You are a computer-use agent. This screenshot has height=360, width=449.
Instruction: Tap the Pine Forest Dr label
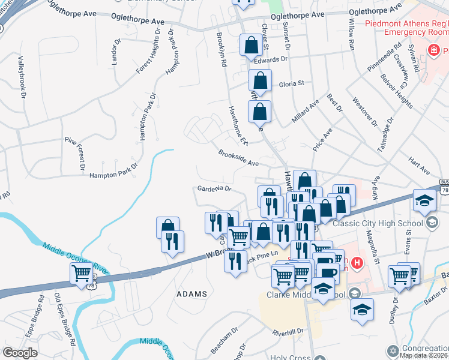[x=75, y=153]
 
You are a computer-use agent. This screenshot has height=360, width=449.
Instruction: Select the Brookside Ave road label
[x=238, y=158]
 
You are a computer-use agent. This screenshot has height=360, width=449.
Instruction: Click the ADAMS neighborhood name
[x=192, y=294]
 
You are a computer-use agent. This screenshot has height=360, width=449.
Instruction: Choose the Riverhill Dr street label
[x=288, y=331]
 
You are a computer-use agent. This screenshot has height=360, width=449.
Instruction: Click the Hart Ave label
[x=419, y=166]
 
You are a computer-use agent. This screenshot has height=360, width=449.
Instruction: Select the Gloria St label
[x=292, y=84]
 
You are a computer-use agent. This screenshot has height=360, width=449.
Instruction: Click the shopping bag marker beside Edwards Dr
[x=250, y=45]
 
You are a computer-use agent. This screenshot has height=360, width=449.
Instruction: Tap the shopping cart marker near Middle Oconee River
[x=81, y=274]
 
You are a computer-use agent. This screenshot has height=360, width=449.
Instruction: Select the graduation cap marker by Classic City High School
[x=424, y=200]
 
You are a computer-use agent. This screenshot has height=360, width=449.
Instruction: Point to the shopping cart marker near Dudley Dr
[x=399, y=276]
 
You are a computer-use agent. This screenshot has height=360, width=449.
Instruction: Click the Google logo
[x=20, y=352]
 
